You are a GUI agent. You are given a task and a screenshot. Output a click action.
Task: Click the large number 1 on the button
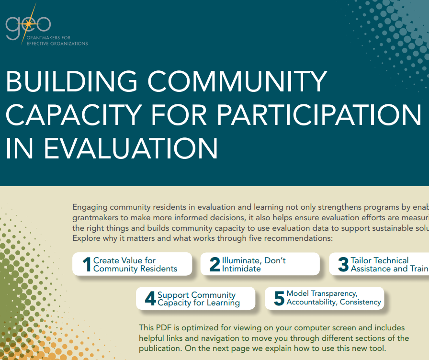[87, 265]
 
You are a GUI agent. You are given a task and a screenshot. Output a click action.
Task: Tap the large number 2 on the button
[214, 265]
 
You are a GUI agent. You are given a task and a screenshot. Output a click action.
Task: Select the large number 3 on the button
[343, 265]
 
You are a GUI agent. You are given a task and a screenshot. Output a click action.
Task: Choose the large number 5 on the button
[279, 298]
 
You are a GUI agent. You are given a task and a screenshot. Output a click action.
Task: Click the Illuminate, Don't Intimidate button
[260, 264]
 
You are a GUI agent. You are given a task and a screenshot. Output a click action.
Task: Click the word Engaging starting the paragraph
[90, 207]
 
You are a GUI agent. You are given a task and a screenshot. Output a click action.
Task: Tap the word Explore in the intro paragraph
[86, 238]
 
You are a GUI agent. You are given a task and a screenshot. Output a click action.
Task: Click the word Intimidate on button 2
[241, 269]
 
